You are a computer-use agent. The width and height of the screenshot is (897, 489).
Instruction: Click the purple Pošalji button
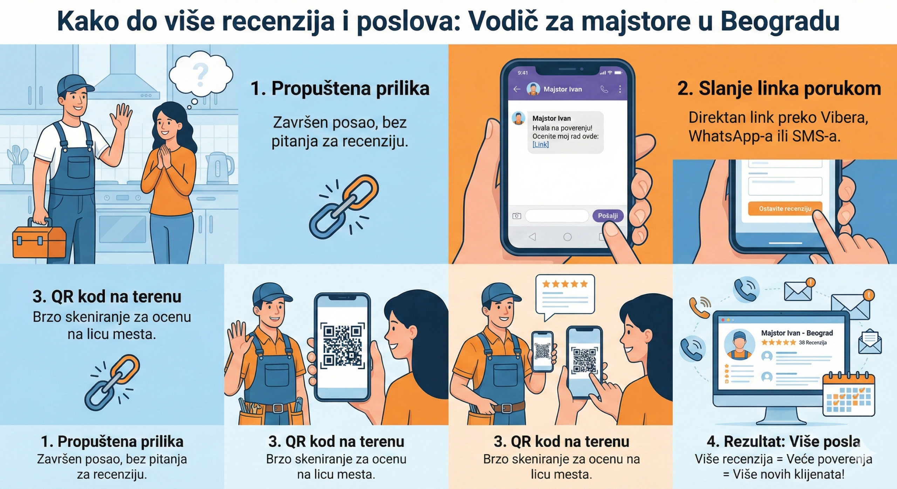608,216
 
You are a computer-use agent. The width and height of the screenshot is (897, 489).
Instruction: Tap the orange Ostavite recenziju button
785,209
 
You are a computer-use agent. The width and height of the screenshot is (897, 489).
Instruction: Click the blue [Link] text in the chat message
540,144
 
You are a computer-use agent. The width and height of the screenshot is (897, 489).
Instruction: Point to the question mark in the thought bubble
200,75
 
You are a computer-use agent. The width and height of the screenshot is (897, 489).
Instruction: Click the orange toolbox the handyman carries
39,241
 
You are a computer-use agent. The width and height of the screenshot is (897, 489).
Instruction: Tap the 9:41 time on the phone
522,73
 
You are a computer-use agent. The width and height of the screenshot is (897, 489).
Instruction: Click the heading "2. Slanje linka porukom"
779,89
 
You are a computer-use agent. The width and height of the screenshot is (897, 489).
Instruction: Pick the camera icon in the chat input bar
516,216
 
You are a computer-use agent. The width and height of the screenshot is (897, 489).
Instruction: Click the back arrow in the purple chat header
517,89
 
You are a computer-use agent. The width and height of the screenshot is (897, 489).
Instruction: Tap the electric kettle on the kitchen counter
219,168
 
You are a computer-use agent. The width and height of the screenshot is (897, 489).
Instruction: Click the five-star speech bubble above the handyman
565,294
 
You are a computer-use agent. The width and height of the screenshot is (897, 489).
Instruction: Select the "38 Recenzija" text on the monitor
813,343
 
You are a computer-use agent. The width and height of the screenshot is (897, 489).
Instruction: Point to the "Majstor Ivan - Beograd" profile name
797,333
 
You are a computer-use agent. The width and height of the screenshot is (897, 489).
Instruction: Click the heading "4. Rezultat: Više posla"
783,441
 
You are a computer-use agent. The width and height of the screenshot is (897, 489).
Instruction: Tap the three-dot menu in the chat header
620,89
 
